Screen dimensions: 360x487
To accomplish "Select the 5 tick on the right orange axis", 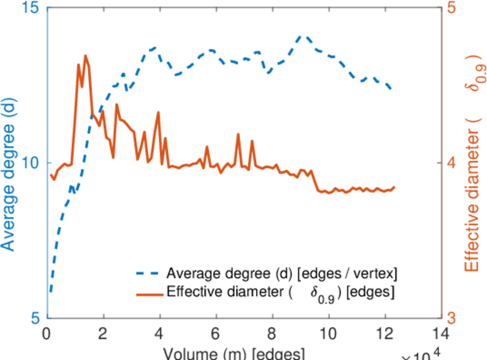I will pos(452,8).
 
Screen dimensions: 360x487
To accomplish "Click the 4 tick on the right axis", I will pos(452,163).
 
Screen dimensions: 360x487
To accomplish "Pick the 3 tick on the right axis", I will pos(452,318).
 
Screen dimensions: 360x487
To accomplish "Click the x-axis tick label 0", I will pos(47,333).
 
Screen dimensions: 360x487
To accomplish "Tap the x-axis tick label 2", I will pos(104,333).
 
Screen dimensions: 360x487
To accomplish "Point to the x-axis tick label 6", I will pos(217,333).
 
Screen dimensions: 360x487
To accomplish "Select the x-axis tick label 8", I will pos(273,333).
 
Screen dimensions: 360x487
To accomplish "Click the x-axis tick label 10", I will pos(329,333).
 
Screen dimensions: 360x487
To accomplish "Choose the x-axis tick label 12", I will pos(385,333).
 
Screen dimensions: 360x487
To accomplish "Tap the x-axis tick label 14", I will pos(441,333).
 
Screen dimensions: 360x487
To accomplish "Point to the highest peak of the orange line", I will pos(85,56).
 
